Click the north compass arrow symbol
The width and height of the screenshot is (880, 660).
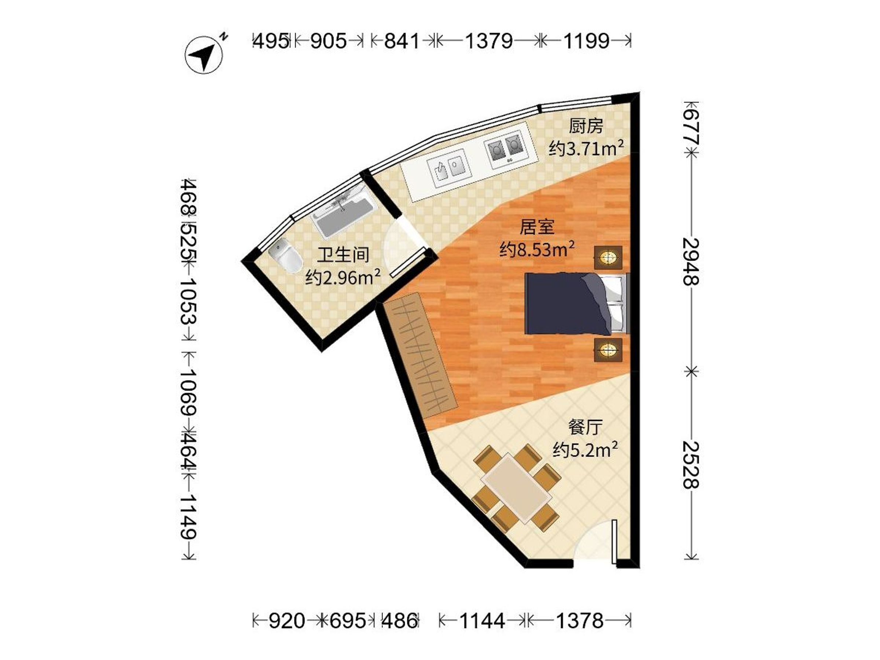click(204, 55)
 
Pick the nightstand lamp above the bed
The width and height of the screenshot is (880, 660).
click(608, 257)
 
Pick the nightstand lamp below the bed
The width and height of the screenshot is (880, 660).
click(608, 350)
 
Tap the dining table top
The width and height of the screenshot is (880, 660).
click(516, 489)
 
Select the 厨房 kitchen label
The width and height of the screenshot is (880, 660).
click(586, 126)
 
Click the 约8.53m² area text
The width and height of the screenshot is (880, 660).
click(537, 249)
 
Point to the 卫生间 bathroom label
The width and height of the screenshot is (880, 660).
click(343, 254)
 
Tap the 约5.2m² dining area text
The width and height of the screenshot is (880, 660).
click(585, 450)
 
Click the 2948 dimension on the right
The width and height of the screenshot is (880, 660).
click(691, 261)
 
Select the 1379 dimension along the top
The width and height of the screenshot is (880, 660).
click(489, 41)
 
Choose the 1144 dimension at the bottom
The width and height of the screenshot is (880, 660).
click(482, 620)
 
